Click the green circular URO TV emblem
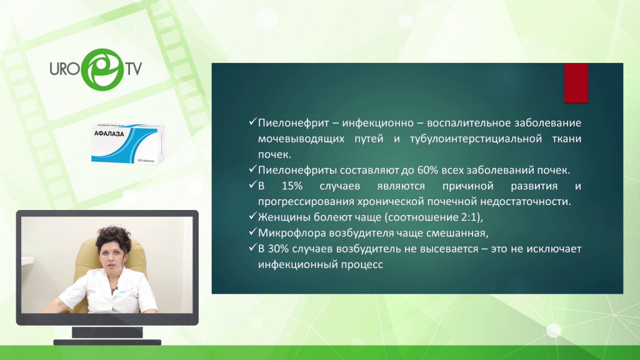pos(102,69)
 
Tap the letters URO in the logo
pos(64,69)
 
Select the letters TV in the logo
pos(134,69)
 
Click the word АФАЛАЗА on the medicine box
pos(109,134)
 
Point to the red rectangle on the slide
pos(576,83)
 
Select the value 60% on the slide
pos(426,170)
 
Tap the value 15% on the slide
pos(292,186)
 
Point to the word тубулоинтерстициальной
pos(476,139)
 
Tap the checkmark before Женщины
pos(252,216)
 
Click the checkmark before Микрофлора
pos(252,232)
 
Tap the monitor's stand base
pos(107,342)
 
